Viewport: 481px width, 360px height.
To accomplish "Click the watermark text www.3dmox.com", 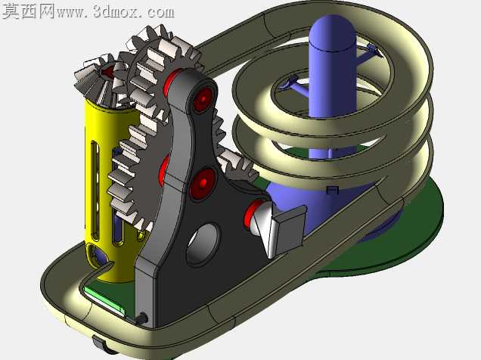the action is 116,11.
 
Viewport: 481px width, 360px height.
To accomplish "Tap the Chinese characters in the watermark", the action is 28,11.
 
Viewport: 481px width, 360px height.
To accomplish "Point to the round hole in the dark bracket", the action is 203,244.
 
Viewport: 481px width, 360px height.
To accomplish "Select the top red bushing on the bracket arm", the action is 203,99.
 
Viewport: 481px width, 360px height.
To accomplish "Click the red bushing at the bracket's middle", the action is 202,184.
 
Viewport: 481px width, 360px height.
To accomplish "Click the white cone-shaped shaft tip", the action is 262,228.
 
